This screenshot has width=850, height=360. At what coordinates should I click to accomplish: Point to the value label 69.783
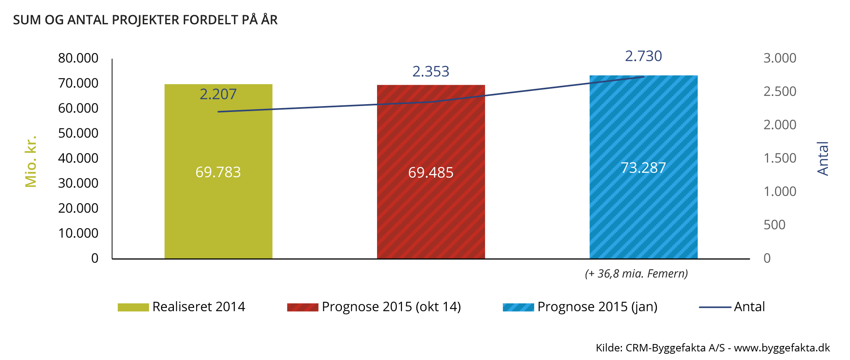(218, 172)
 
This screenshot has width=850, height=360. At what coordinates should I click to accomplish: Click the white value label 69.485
(431, 172)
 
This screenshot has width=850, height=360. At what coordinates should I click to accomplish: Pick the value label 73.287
(643, 168)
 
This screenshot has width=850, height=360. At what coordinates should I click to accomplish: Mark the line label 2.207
(218, 94)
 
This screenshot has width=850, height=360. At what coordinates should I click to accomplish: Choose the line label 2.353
(431, 71)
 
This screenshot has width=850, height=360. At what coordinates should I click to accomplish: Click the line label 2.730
(643, 56)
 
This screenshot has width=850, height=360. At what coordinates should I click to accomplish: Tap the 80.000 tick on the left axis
(78, 58)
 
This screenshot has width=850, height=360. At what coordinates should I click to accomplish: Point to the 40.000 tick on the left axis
(78, 158)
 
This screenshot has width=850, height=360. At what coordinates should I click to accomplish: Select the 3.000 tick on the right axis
(780, 58)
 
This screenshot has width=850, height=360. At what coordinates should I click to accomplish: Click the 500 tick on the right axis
(774, 225)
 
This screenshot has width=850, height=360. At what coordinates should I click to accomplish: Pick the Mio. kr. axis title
(31, 161)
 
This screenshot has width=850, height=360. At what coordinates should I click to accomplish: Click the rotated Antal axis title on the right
(823, 158)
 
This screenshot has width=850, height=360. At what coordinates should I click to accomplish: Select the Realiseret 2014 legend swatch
(133, 307)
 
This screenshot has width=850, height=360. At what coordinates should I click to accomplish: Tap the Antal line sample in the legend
(715, 307)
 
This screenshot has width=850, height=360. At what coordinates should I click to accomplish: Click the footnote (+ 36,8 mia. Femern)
(636, 273)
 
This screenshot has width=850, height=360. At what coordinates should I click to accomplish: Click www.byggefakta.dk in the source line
(782, 348)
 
